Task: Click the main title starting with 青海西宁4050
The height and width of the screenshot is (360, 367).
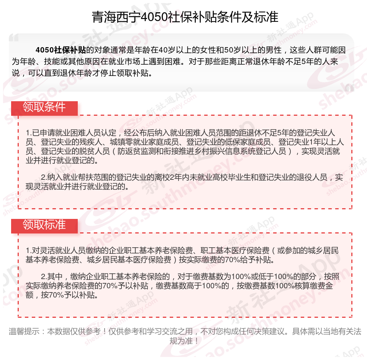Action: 185,17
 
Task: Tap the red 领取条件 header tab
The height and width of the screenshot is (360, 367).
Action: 44,107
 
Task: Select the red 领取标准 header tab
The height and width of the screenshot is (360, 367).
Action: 44,225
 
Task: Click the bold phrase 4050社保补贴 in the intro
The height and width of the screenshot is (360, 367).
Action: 61,50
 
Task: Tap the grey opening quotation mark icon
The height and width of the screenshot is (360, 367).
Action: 14,38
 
